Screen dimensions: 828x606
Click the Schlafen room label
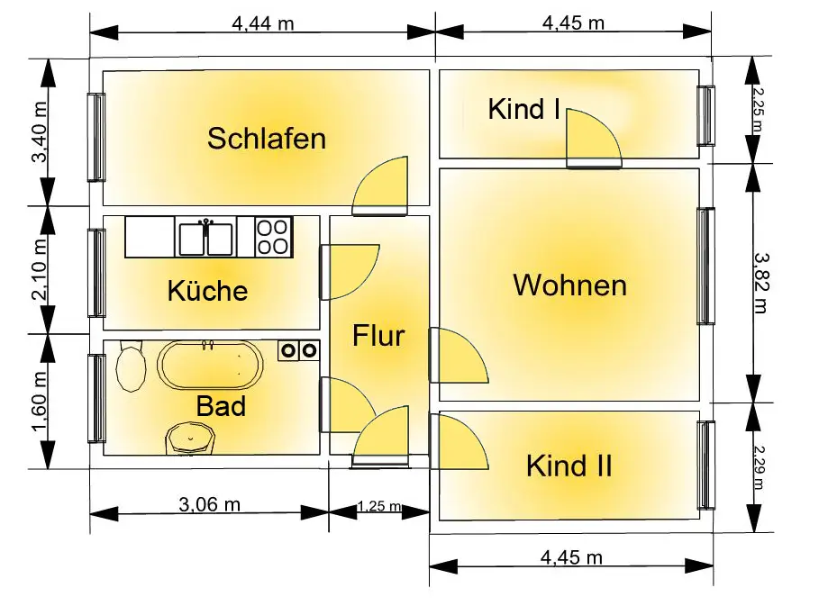pyautogui.click(x=266, y=139)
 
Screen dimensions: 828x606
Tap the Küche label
pyautogui.click(x=207, y=291)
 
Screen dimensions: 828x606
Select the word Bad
pyautogui.click(x=221, y=406)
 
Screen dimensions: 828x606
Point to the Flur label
pyautogui.click(x=378, y=336)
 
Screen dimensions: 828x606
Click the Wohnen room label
pyautogui.click(x=569, y=285)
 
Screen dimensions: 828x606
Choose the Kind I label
pyautogui.click(x=524, y=110)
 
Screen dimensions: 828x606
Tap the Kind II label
pyautogui.click(x=569, y=466)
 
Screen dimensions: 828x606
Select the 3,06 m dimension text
pyautogui.click(x=209, y=504)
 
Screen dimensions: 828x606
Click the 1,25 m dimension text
pyautogui.click(x=379, y=506)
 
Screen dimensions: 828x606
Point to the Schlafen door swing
pyautogui.click(x=382, y=187)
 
